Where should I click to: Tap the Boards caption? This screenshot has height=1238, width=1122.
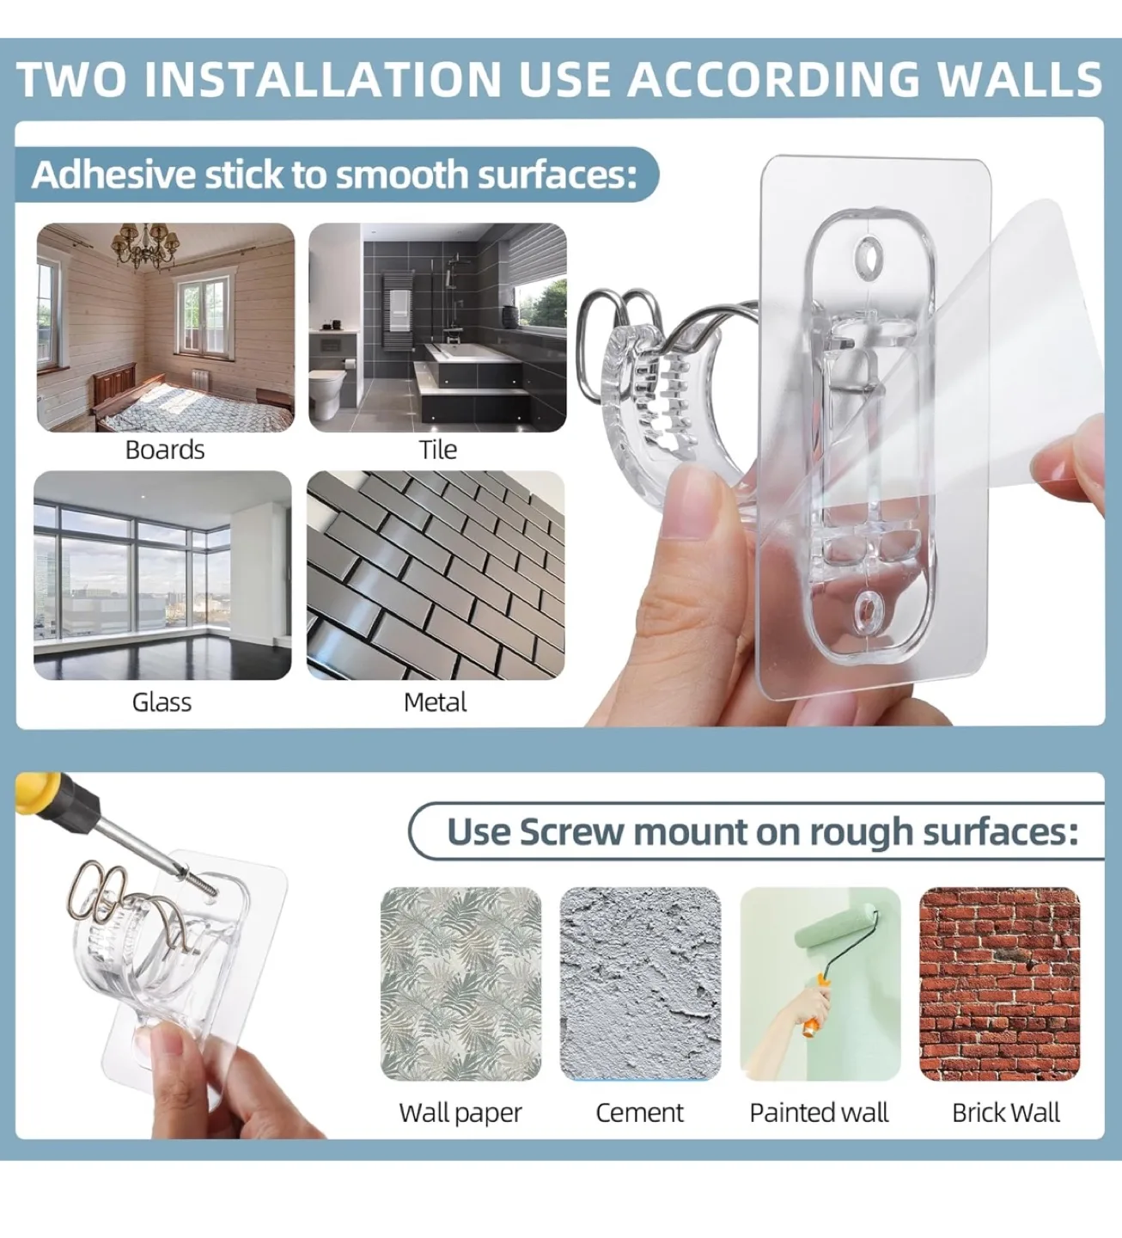click(165, 450)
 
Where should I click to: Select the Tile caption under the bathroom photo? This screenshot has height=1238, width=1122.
click(438, 450)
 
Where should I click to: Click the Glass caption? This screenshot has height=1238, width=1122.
click(162, 702)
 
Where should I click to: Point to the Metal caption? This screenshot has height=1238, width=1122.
click(435, 702)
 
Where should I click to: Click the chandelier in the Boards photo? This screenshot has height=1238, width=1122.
click(143, 245)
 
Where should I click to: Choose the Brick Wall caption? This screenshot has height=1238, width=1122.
click(1005, 1112)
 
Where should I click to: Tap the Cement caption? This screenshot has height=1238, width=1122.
click(640, 1112)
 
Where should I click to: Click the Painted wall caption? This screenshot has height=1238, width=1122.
click(819, 1112)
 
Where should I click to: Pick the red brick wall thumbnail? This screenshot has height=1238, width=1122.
click(999, 984)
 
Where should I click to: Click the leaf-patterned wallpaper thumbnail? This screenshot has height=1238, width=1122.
click(460, 984)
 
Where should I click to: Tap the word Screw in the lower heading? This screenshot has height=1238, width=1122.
click(571, 832)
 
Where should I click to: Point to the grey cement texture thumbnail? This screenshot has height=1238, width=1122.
click(640, 984)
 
